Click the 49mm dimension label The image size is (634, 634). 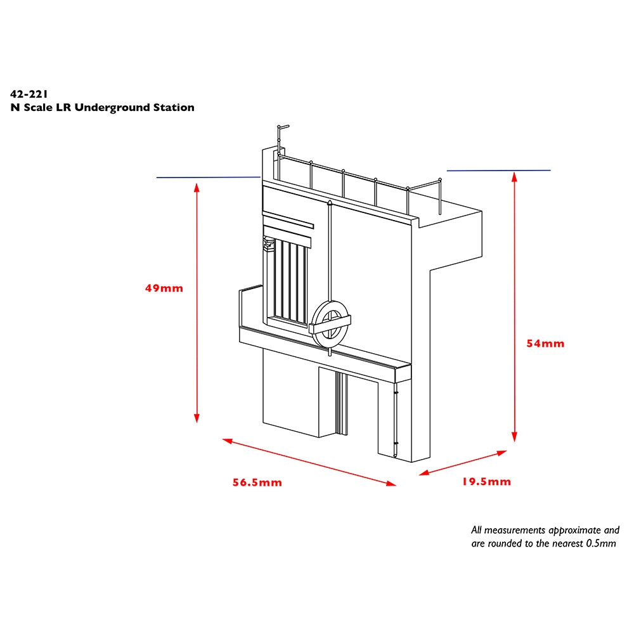pos(164,288)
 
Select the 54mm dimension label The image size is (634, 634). pos(545,344)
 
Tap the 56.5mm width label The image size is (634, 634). pos(257,483)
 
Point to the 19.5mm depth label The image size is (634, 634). pos(486,482)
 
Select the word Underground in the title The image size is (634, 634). pos(112,108)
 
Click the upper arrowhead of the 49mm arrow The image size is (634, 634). pos(197,186)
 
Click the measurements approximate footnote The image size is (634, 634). pos(545,536)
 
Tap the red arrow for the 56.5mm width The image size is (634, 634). pos(309,462)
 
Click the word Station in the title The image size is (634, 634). pos(174,108)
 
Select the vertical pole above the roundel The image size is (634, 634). pos(330,254)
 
